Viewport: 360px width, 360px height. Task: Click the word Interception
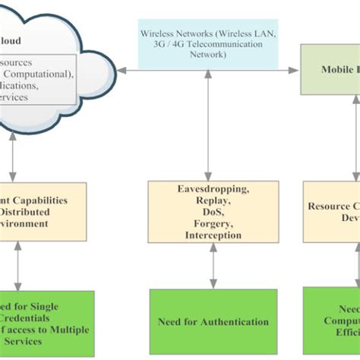tap(213, 236)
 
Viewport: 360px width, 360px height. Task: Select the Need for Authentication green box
tap(213, 321)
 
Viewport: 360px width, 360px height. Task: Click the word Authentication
tap(235, 321)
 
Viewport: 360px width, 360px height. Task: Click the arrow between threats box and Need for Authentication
tap(213, 266)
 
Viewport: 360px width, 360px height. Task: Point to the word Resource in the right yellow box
tap(328, 206)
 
